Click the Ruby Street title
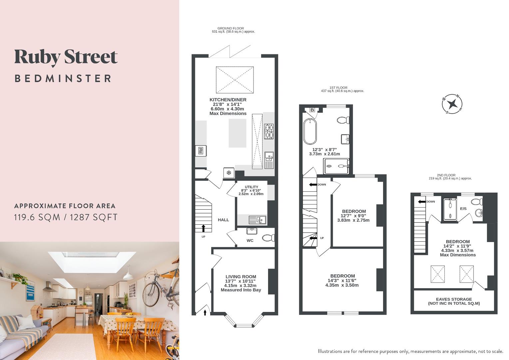click(66, 57)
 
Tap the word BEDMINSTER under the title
click(63, 79)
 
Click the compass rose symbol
click(452, 104)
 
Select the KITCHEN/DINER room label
click(228, 100)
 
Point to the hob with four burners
click(269, 131)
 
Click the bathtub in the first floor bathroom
click(310, 132)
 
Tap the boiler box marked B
click(312, 110)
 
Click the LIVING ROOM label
click(241, 277)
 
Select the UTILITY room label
click(251, 187)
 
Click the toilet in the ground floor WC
click(268, 238)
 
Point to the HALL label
click(223, 220)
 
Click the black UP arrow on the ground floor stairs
click(203, 228)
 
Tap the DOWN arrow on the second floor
click(421, 201)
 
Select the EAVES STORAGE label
click(454, 299)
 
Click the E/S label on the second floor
click(463, 209)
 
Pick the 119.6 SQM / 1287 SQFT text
click(66, 217)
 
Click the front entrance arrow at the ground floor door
click(205, 312)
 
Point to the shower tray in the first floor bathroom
click(336, 166)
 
